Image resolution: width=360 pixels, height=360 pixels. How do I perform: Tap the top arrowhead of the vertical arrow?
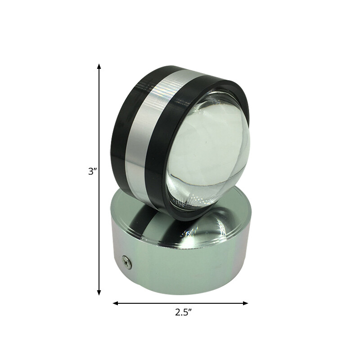[x=99, y=67]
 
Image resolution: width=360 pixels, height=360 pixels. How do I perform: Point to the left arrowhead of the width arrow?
[x=116, y=303]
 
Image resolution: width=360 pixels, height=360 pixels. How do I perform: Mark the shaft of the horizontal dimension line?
[x=180, y=303]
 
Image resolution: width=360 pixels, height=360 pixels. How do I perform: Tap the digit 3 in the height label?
[x=91, y=171]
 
